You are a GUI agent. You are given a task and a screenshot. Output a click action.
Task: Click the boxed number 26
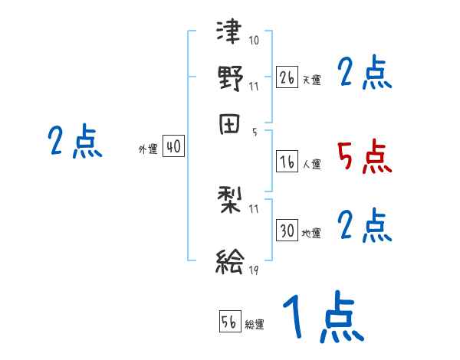pyautogui.click(x=287, y=77)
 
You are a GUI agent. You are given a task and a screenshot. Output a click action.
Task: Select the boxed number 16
pyautogui.click(x=287, y=161)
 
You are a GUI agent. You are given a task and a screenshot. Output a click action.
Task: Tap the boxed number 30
pyautogui.click(x=287, y=231)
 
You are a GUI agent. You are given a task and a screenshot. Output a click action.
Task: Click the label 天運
pyautogui.click(x=311, y=80)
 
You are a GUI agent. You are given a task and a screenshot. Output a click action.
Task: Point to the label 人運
pyautogui.click(x=311, y=164)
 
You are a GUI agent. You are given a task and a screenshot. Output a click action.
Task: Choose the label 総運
pyautogui.click(x=255, y=325)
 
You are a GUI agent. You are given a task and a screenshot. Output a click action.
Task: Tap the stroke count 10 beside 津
pyautogui.click(x=254, y=40)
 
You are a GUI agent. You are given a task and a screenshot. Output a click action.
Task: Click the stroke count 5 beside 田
pyautogui.click(x=253, y=132)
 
